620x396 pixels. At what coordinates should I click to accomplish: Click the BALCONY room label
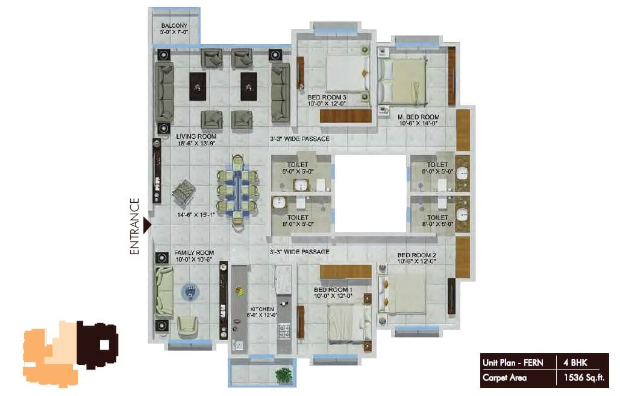point(175,25)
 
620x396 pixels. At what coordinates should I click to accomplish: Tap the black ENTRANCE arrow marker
point(146,225)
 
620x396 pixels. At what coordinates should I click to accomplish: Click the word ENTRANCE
point(135,226)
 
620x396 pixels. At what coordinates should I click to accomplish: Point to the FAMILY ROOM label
point(194,254)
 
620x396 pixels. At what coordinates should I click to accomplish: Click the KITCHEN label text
point(262,309)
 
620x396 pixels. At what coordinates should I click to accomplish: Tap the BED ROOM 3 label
point(327,97)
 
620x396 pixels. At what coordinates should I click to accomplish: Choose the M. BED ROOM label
point(419,117)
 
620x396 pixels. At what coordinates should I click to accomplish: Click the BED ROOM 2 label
point(416,255)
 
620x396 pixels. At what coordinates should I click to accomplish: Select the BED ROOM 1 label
point(333,290)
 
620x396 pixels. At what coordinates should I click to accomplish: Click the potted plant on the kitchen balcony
point(283,375)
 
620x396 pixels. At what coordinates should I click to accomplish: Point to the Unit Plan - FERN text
point(512,363)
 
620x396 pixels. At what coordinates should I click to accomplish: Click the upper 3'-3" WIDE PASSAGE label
point(299,139)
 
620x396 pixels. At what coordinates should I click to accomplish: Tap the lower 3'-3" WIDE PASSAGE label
point(299,251)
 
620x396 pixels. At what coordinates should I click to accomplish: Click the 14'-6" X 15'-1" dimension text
point(196,215)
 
